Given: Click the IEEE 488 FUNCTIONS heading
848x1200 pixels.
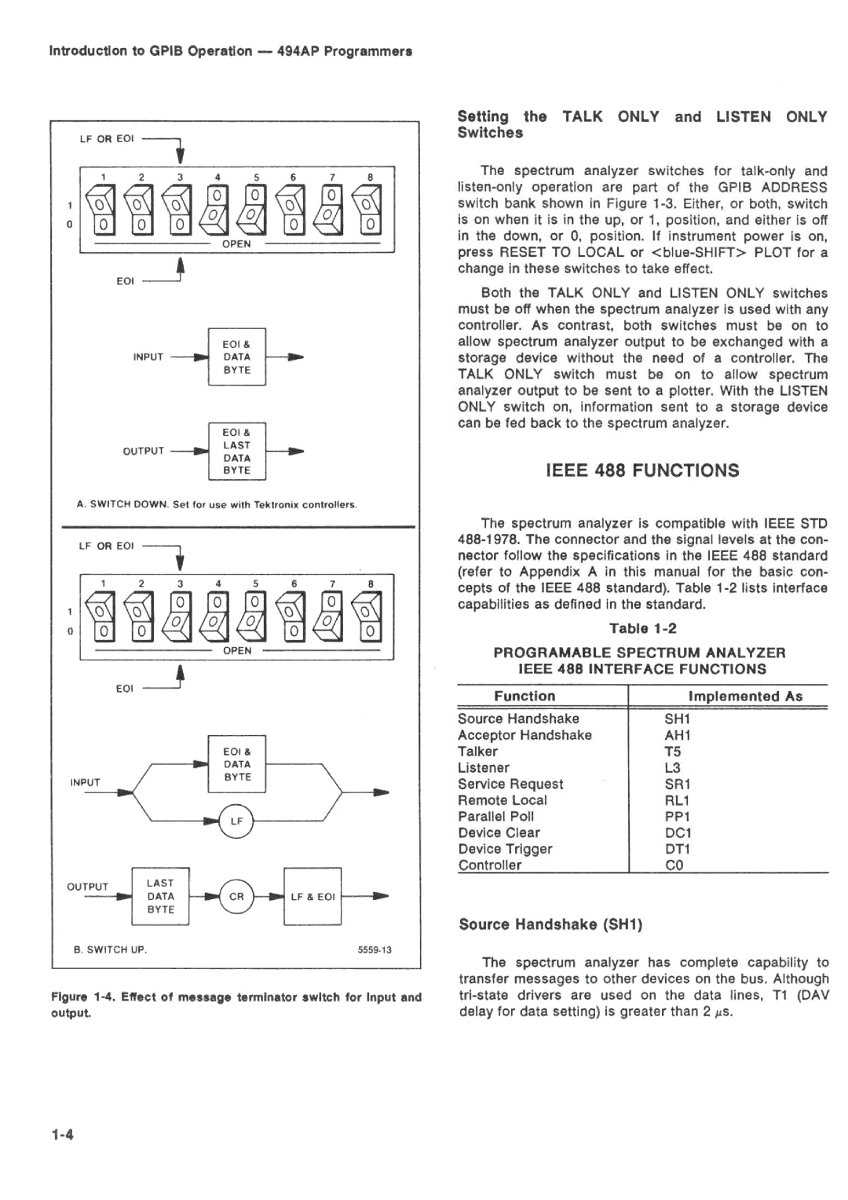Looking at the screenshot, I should (641, 470).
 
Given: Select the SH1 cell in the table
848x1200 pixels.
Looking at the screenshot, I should (676, 719).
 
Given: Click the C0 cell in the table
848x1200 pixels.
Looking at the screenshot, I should (674, 865).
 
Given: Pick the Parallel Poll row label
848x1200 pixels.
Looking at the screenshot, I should (495, 816).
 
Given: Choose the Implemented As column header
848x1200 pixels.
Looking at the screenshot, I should (745, 696).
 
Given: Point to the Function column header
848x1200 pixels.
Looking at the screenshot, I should (524, 696).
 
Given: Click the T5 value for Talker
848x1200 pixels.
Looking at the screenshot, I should (672, 751).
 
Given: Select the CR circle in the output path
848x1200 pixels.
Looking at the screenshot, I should (236, 896).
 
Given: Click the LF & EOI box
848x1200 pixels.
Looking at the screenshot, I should (313, 896).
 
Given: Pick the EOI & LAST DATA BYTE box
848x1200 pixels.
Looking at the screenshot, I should (236, 451).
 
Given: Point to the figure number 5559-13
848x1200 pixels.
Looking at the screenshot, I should (375, 949).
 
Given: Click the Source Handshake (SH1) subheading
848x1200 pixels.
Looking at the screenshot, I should (550, 924).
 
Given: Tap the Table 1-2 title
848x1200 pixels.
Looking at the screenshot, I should (642, 628).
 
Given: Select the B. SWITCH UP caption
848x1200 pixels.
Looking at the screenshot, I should (110, 949).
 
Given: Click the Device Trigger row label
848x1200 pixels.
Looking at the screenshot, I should (505, 848).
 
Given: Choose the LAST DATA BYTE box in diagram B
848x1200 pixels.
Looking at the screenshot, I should (160, 896).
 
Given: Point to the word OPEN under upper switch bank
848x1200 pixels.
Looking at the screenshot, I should (236, 243).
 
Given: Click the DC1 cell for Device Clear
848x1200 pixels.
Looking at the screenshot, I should (677, 832).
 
